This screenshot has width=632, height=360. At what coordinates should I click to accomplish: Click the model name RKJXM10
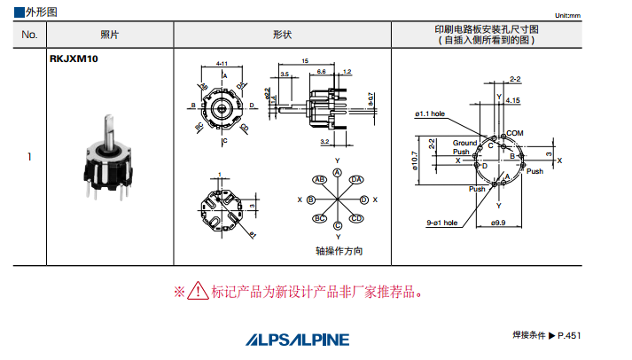74,59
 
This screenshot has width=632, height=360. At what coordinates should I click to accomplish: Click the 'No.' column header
29,35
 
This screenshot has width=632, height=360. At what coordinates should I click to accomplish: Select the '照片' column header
109,35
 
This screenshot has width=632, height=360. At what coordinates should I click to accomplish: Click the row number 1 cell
29,157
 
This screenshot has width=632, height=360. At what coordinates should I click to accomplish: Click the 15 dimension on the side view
304,61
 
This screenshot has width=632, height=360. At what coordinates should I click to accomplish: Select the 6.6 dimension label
321,71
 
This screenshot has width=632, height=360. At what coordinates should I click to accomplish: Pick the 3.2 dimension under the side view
324,141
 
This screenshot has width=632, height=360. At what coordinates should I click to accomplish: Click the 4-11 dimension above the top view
222,64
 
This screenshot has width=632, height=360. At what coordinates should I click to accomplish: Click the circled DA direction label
355,180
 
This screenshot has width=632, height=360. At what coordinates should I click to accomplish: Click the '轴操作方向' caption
339,251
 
